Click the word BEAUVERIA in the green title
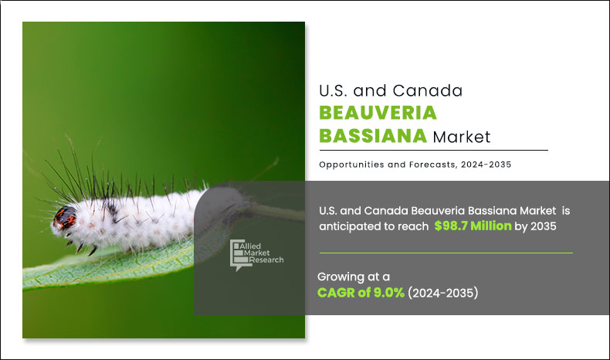pos(378,113)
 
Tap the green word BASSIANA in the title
pos(372,137)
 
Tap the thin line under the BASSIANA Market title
pos(433,150)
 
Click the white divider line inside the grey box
pos(446,253)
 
